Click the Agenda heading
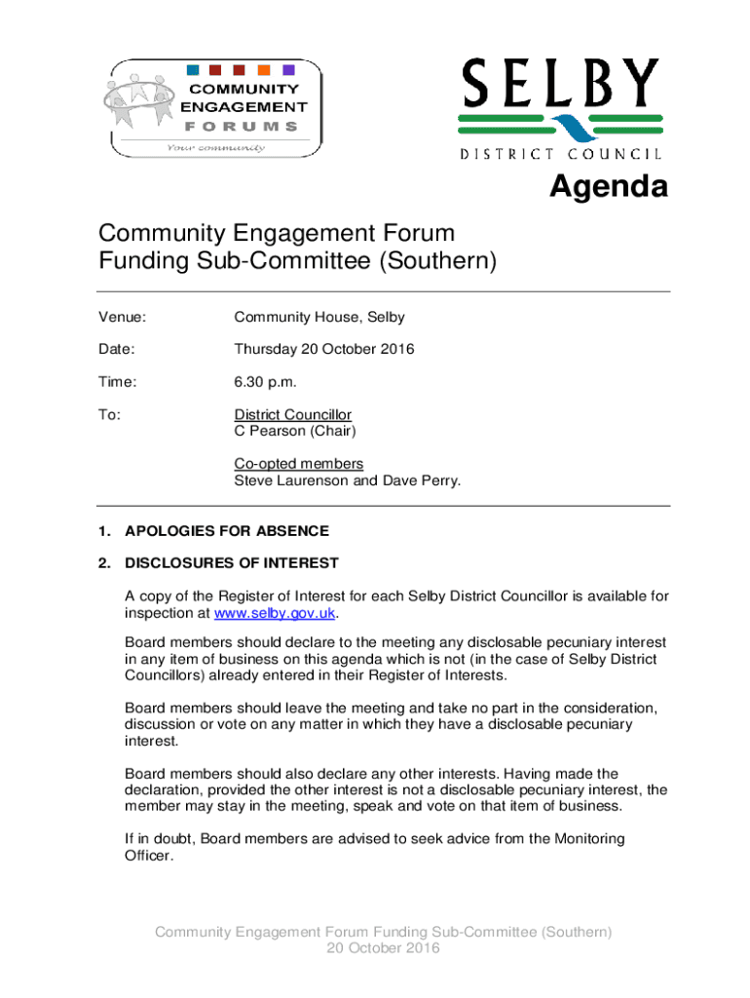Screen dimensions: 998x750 [x=609, y=186]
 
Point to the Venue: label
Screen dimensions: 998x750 [x=122, y=318]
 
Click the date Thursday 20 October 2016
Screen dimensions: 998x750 [x=324, y=348]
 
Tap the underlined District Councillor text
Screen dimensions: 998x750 [x=292, y=415]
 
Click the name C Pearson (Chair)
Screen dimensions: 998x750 [x=295, y=431]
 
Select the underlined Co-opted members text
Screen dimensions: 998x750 [x=298, y=464]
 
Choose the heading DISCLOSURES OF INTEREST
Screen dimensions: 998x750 [x=232, y=562]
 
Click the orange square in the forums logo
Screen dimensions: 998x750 [x=264, y=70]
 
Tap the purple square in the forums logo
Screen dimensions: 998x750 [x=288, y=70]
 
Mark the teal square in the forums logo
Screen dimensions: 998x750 [x=193, y=70]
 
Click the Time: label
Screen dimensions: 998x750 [x=116, y=383]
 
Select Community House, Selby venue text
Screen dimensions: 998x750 [x=319, y=318]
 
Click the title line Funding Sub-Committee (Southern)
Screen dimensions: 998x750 [x=297, y=262]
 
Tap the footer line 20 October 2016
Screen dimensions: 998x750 [x=384, y=948]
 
